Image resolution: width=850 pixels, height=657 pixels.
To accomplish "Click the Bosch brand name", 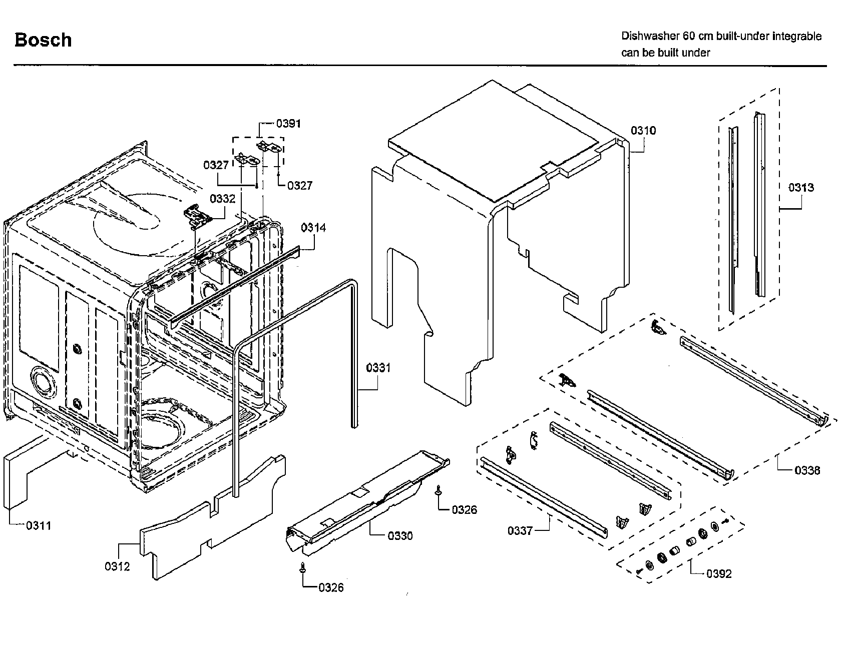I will coord(43,40).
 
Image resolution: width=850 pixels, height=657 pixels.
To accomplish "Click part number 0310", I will coord(643,131).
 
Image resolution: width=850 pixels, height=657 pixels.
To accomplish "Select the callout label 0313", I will coord(801,188).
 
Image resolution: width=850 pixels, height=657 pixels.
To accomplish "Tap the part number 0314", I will coord(313,228).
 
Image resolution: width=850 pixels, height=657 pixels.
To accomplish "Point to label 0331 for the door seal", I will coord(378,368).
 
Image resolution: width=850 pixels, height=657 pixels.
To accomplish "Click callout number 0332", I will coord(222,199).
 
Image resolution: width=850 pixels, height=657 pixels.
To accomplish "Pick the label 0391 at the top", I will coord(288,124).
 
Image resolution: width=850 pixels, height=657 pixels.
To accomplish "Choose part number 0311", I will coord(39,525).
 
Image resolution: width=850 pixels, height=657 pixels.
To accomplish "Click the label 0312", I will coord(117,566).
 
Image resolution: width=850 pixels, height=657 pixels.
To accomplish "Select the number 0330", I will coord(400,536).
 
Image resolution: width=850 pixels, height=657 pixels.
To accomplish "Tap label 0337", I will coord(520,531).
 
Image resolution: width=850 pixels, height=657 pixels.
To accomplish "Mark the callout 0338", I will coord(807,470).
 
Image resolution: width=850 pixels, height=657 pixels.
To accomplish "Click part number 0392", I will coord(719,574).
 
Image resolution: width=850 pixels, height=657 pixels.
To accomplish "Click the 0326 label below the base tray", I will coord(331,587).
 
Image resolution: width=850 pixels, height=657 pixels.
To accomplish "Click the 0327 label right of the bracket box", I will coord(299,186).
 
